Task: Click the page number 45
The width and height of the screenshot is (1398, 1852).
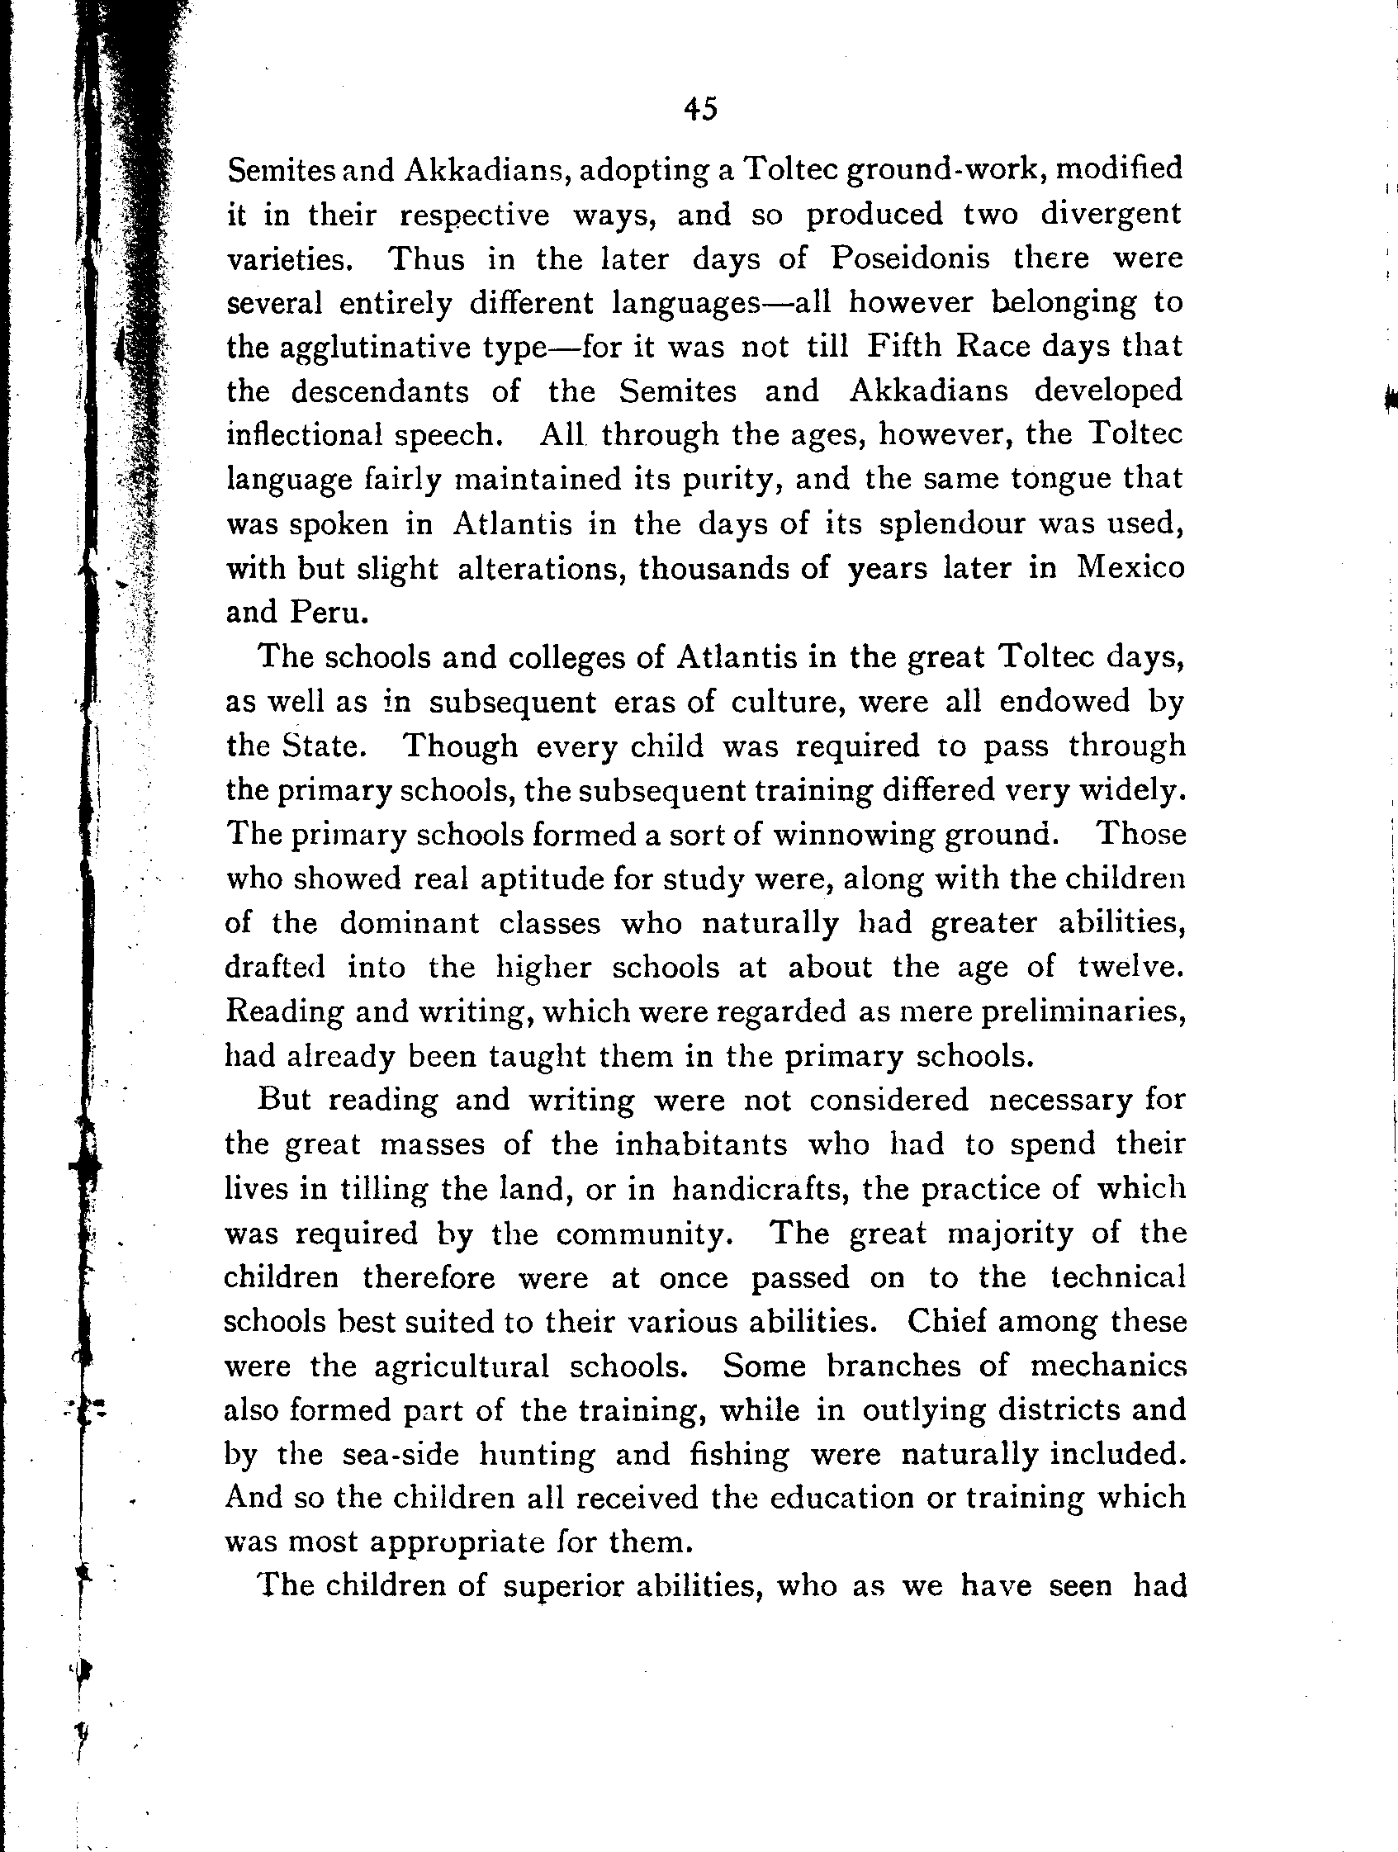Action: click(700, 110)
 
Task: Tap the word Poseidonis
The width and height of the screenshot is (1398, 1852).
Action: click(910, 258)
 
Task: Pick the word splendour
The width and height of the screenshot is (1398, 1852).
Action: click(954, 523)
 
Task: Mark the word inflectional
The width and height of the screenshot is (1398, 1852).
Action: click(305, 435)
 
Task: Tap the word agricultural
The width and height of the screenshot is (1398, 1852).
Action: click(462, 1367)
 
